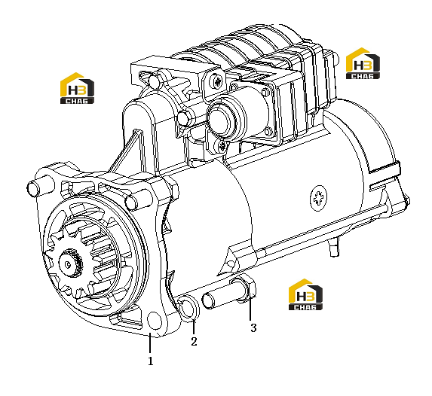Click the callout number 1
(151, 361)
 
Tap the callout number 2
(194, 342)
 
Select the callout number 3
(253, 327)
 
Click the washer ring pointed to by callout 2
(188, 308)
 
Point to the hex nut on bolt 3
(245, 290)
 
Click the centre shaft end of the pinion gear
(68, 264)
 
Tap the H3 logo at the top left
(77, 88)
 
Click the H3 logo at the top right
(363, 63)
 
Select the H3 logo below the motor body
(305, 294)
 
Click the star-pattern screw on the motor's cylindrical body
(319, 199)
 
